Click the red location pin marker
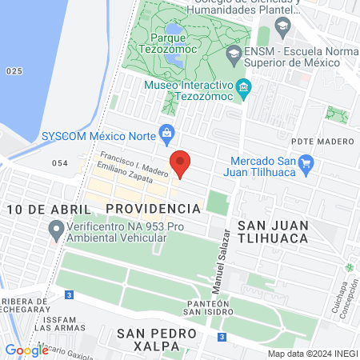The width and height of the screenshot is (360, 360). click(181, 163)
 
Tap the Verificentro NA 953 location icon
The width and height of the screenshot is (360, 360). click(55, 232)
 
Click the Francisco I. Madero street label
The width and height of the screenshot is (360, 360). click(132, 162)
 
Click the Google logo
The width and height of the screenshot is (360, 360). click(26, 350)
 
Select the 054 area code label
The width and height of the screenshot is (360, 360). click(60, 163)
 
